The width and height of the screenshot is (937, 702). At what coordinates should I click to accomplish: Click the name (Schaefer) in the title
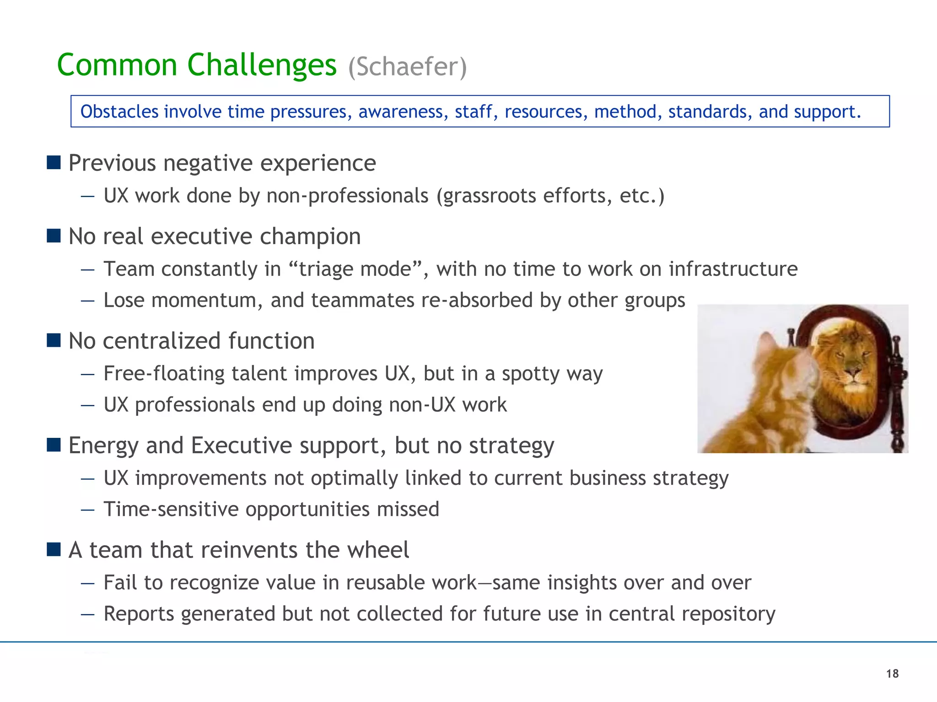coord(407,67)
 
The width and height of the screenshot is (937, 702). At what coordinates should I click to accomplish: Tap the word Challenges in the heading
coord(262,65)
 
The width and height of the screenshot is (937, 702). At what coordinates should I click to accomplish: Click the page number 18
coord(892,674)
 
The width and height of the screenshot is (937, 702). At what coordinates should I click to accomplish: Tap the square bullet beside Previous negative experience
coord(54,162)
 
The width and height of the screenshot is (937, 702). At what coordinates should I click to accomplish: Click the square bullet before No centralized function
coord(54,340)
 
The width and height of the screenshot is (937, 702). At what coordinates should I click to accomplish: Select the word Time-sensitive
coord(171,509)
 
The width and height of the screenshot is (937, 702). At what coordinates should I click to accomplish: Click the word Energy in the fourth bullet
coord(103,446)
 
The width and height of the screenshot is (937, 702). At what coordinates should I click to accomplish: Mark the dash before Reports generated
coord(87,614)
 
